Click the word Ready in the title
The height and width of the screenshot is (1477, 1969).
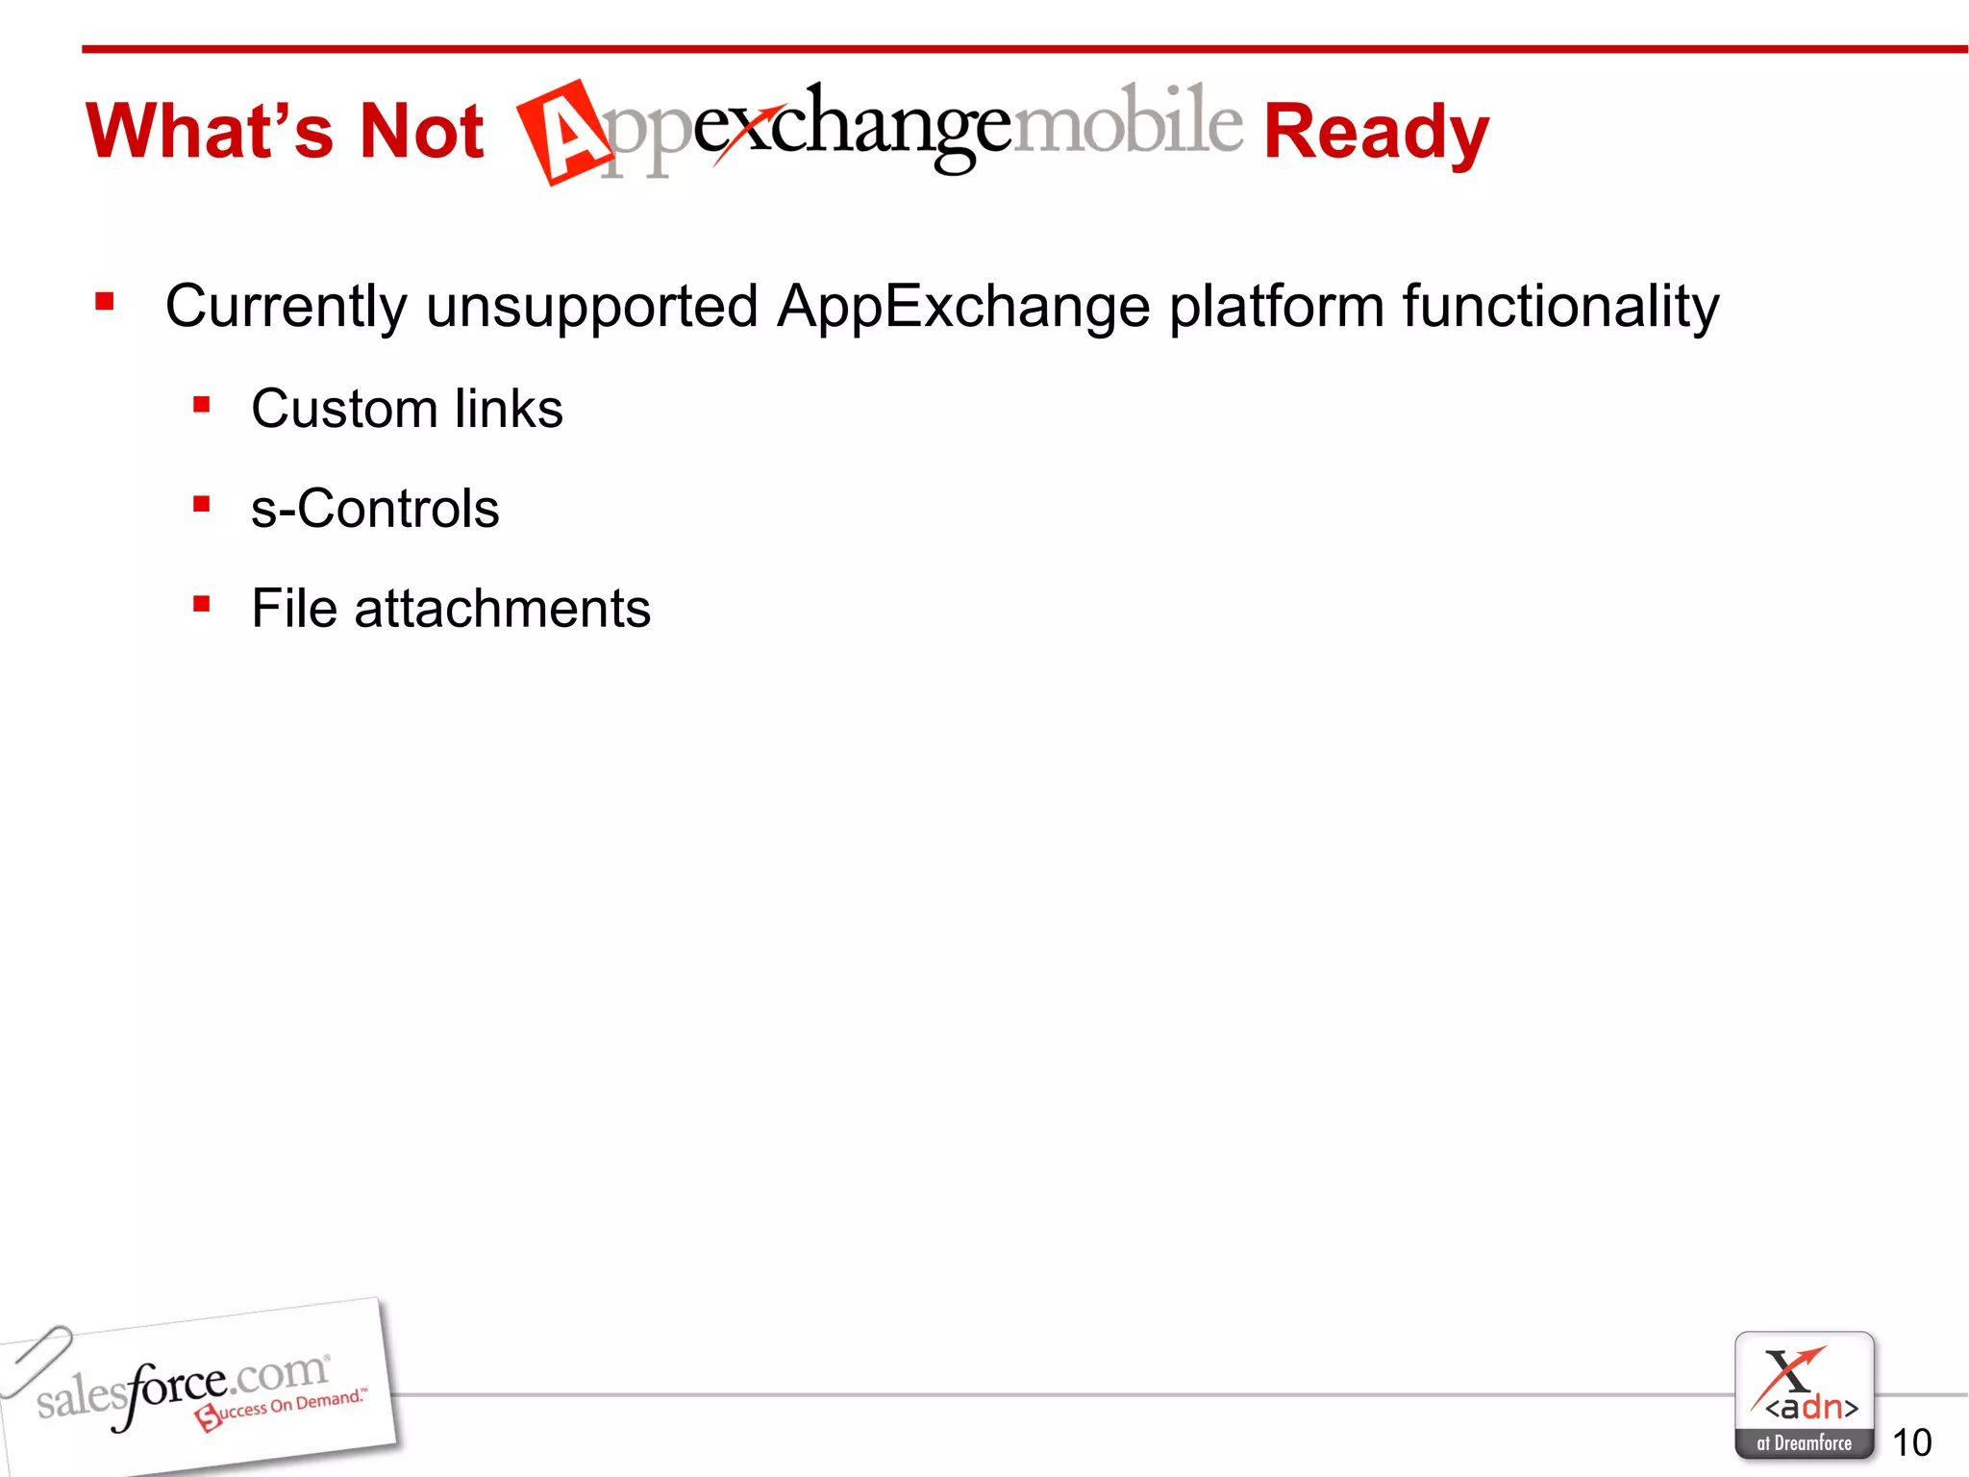(1375, 133)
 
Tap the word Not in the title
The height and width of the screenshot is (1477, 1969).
(420, 131)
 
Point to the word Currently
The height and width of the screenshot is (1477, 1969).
(287, 307)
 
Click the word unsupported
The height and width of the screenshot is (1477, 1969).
(591, 307)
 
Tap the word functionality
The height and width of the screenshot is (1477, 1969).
(1559, 307)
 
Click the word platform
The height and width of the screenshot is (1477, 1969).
(1276, 307)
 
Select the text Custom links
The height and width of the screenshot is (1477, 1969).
(407, 409)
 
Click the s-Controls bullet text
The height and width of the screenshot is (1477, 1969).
(375, 509)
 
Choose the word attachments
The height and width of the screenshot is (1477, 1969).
(502, 609)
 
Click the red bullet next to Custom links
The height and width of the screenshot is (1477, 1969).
(201, 405)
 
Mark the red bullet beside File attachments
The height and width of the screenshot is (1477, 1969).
(201, 605)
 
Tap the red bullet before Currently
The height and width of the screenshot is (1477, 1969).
(105, 303)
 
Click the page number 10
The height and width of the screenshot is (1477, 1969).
(1911, 1442)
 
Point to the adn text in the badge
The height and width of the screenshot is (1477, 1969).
(1810, 1408)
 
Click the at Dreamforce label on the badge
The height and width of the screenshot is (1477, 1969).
(1804, 1443)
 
